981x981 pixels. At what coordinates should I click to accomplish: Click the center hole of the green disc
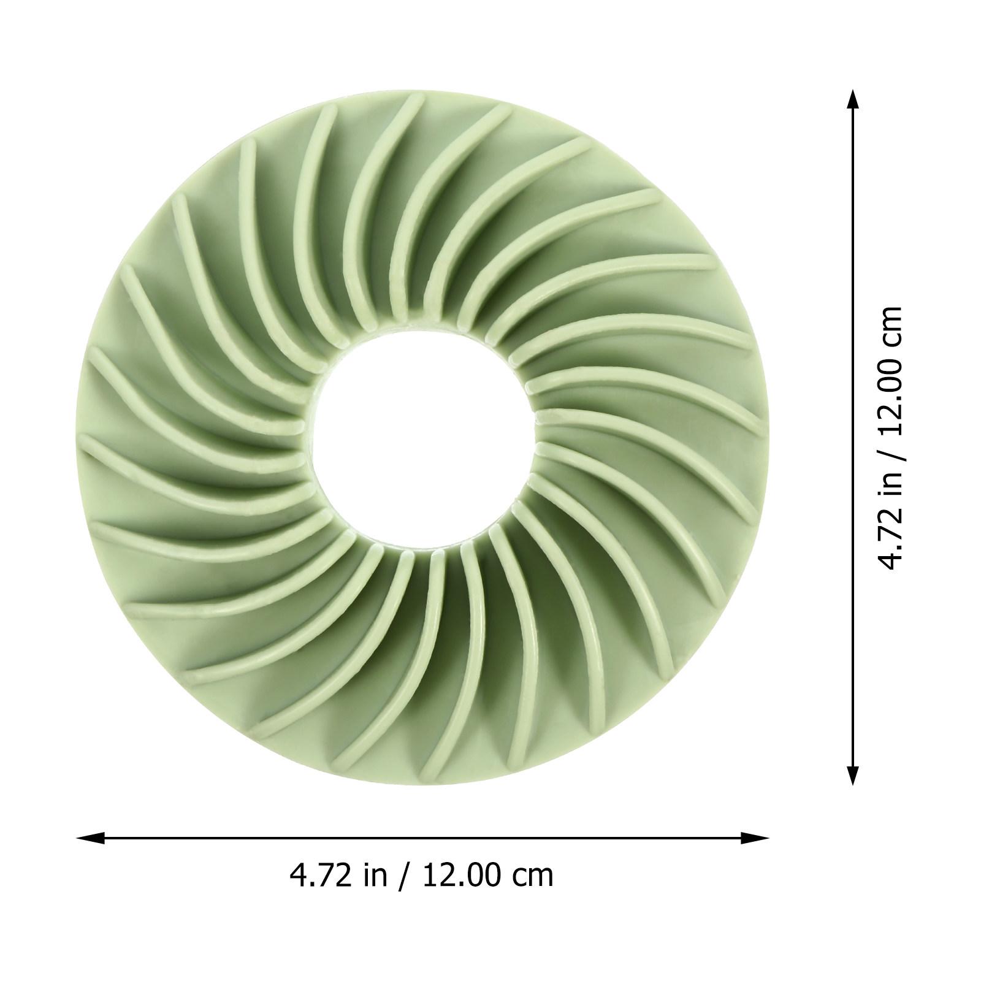point(423,439)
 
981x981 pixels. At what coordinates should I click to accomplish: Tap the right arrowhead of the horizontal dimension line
point(755,838)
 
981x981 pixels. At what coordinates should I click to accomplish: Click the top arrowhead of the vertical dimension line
point(852,103)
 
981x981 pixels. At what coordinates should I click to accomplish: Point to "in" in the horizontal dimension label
point(375,875)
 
